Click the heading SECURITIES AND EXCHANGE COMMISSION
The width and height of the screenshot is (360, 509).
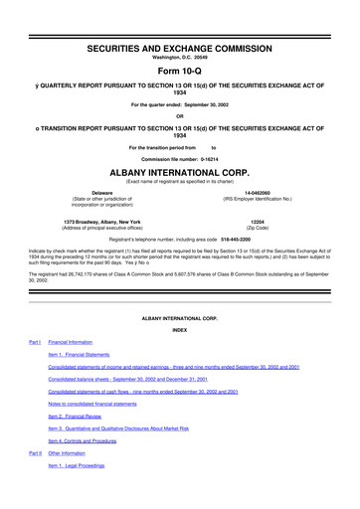tap(180, 48)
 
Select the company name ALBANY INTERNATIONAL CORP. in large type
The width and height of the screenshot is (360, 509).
tap(180, 170)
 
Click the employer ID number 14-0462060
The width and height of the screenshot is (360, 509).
tap(258, 192)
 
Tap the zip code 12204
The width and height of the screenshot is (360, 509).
tap(258, 221)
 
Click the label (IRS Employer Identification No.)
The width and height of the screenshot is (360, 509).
tap(258, 198)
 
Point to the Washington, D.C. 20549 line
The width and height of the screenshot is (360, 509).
tap(180, 57)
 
